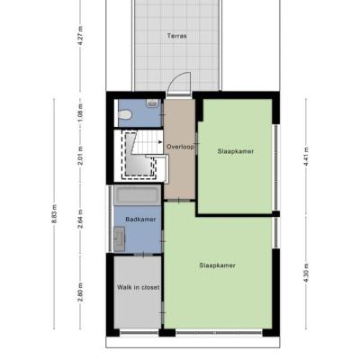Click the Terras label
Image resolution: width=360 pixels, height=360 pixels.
coord(176,36)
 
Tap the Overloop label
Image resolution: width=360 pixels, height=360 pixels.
coord(180,147)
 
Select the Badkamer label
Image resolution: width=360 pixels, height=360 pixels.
coord(140,220)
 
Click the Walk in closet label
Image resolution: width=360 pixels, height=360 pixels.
coord(139,287)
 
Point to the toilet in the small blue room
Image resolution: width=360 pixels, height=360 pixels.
coord(125,114)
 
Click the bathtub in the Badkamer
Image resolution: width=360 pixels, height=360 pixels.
coord(138,195)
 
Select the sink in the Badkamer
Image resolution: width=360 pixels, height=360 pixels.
coord(120,239)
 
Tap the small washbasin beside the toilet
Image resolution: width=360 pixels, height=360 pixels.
coord(153,103)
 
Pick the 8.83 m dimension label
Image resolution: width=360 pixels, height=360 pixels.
coord(54,214)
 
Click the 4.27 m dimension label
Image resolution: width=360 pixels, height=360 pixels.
coord(80,36)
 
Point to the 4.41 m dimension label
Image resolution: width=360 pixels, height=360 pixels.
coord(306,157)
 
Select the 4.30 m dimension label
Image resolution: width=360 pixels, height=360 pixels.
coord(306,273)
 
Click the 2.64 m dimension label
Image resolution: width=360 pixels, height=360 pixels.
coord(80,220)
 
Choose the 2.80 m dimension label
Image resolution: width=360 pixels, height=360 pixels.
coord(80,292)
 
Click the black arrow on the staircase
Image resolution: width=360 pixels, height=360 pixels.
coord(160,142)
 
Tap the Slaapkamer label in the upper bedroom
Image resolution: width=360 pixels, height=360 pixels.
coord(236,151)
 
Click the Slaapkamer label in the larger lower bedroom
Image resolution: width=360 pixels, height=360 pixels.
coord(217,265)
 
